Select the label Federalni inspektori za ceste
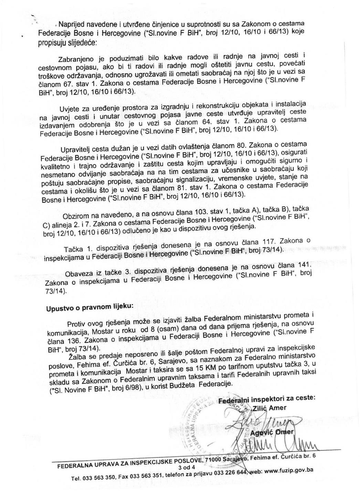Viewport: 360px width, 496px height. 267,399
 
